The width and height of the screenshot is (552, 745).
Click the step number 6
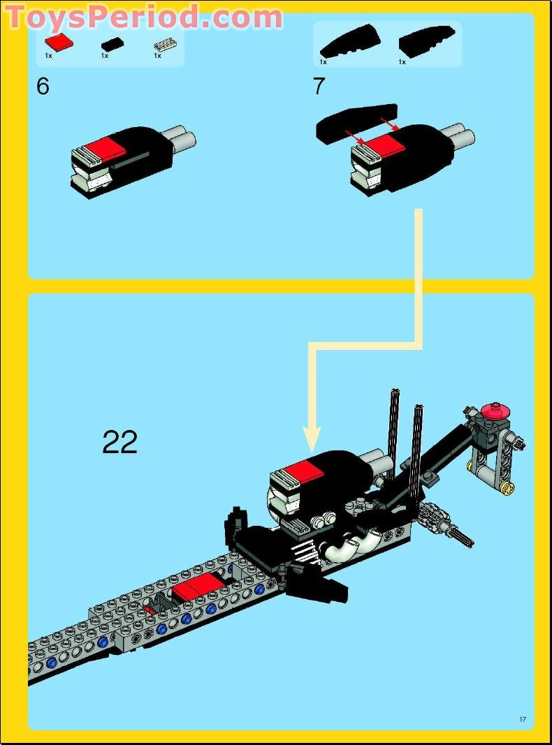click(x=43, y=87)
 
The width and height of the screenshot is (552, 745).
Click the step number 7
click(x=319, y=87)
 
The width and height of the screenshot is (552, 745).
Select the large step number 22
click(x=120, y=442)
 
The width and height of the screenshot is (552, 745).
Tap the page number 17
click(x=522, y=720)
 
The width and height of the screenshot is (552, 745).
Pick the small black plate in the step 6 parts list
click(x=111, y=43)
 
